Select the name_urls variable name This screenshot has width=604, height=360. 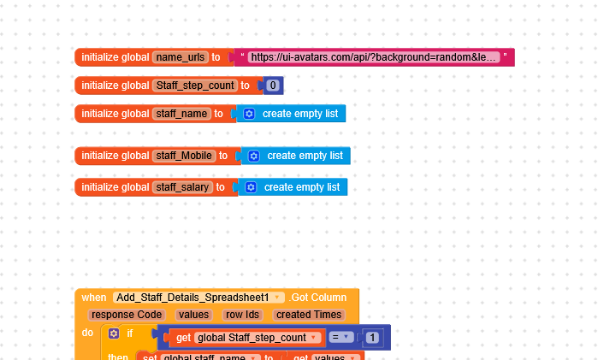click(x=180, y=57)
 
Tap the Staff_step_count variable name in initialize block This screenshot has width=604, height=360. click(x=194, y=86)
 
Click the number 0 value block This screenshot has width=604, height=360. click(x=273, y=86)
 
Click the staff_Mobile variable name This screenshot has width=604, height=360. click(x=184, y=156)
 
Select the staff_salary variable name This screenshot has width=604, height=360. click(x=182, y=186)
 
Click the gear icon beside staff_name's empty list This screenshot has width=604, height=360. click(x=249, y=114)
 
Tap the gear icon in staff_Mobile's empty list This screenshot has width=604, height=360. click(x=254, y=156)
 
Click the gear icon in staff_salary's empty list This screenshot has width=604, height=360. click(x=251, y=186)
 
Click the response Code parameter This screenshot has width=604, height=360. click(x=126, y=315)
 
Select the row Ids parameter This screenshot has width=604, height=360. click(x=242, y=315)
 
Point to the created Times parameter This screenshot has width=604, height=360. click(x=309, y=315)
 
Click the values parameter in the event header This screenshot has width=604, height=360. click(x=193, y=315)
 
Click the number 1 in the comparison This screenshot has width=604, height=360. click(x=372, y=338)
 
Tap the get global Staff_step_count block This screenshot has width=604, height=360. click(x=248, y=338)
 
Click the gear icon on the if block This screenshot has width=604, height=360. click(x=114, y=333)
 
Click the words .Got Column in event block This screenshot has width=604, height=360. click(x=317, y=298)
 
